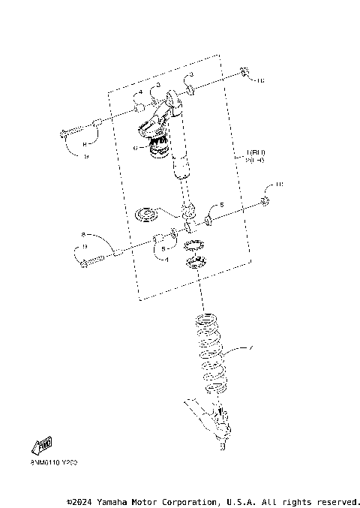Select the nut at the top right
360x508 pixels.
click(245, 73)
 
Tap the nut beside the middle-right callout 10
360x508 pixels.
click(265, 200)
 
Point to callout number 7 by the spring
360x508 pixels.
click(251, 347)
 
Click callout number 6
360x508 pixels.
click(135, 149)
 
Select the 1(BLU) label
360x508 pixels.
click(255, 152)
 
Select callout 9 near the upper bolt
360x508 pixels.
click(85, 155)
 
